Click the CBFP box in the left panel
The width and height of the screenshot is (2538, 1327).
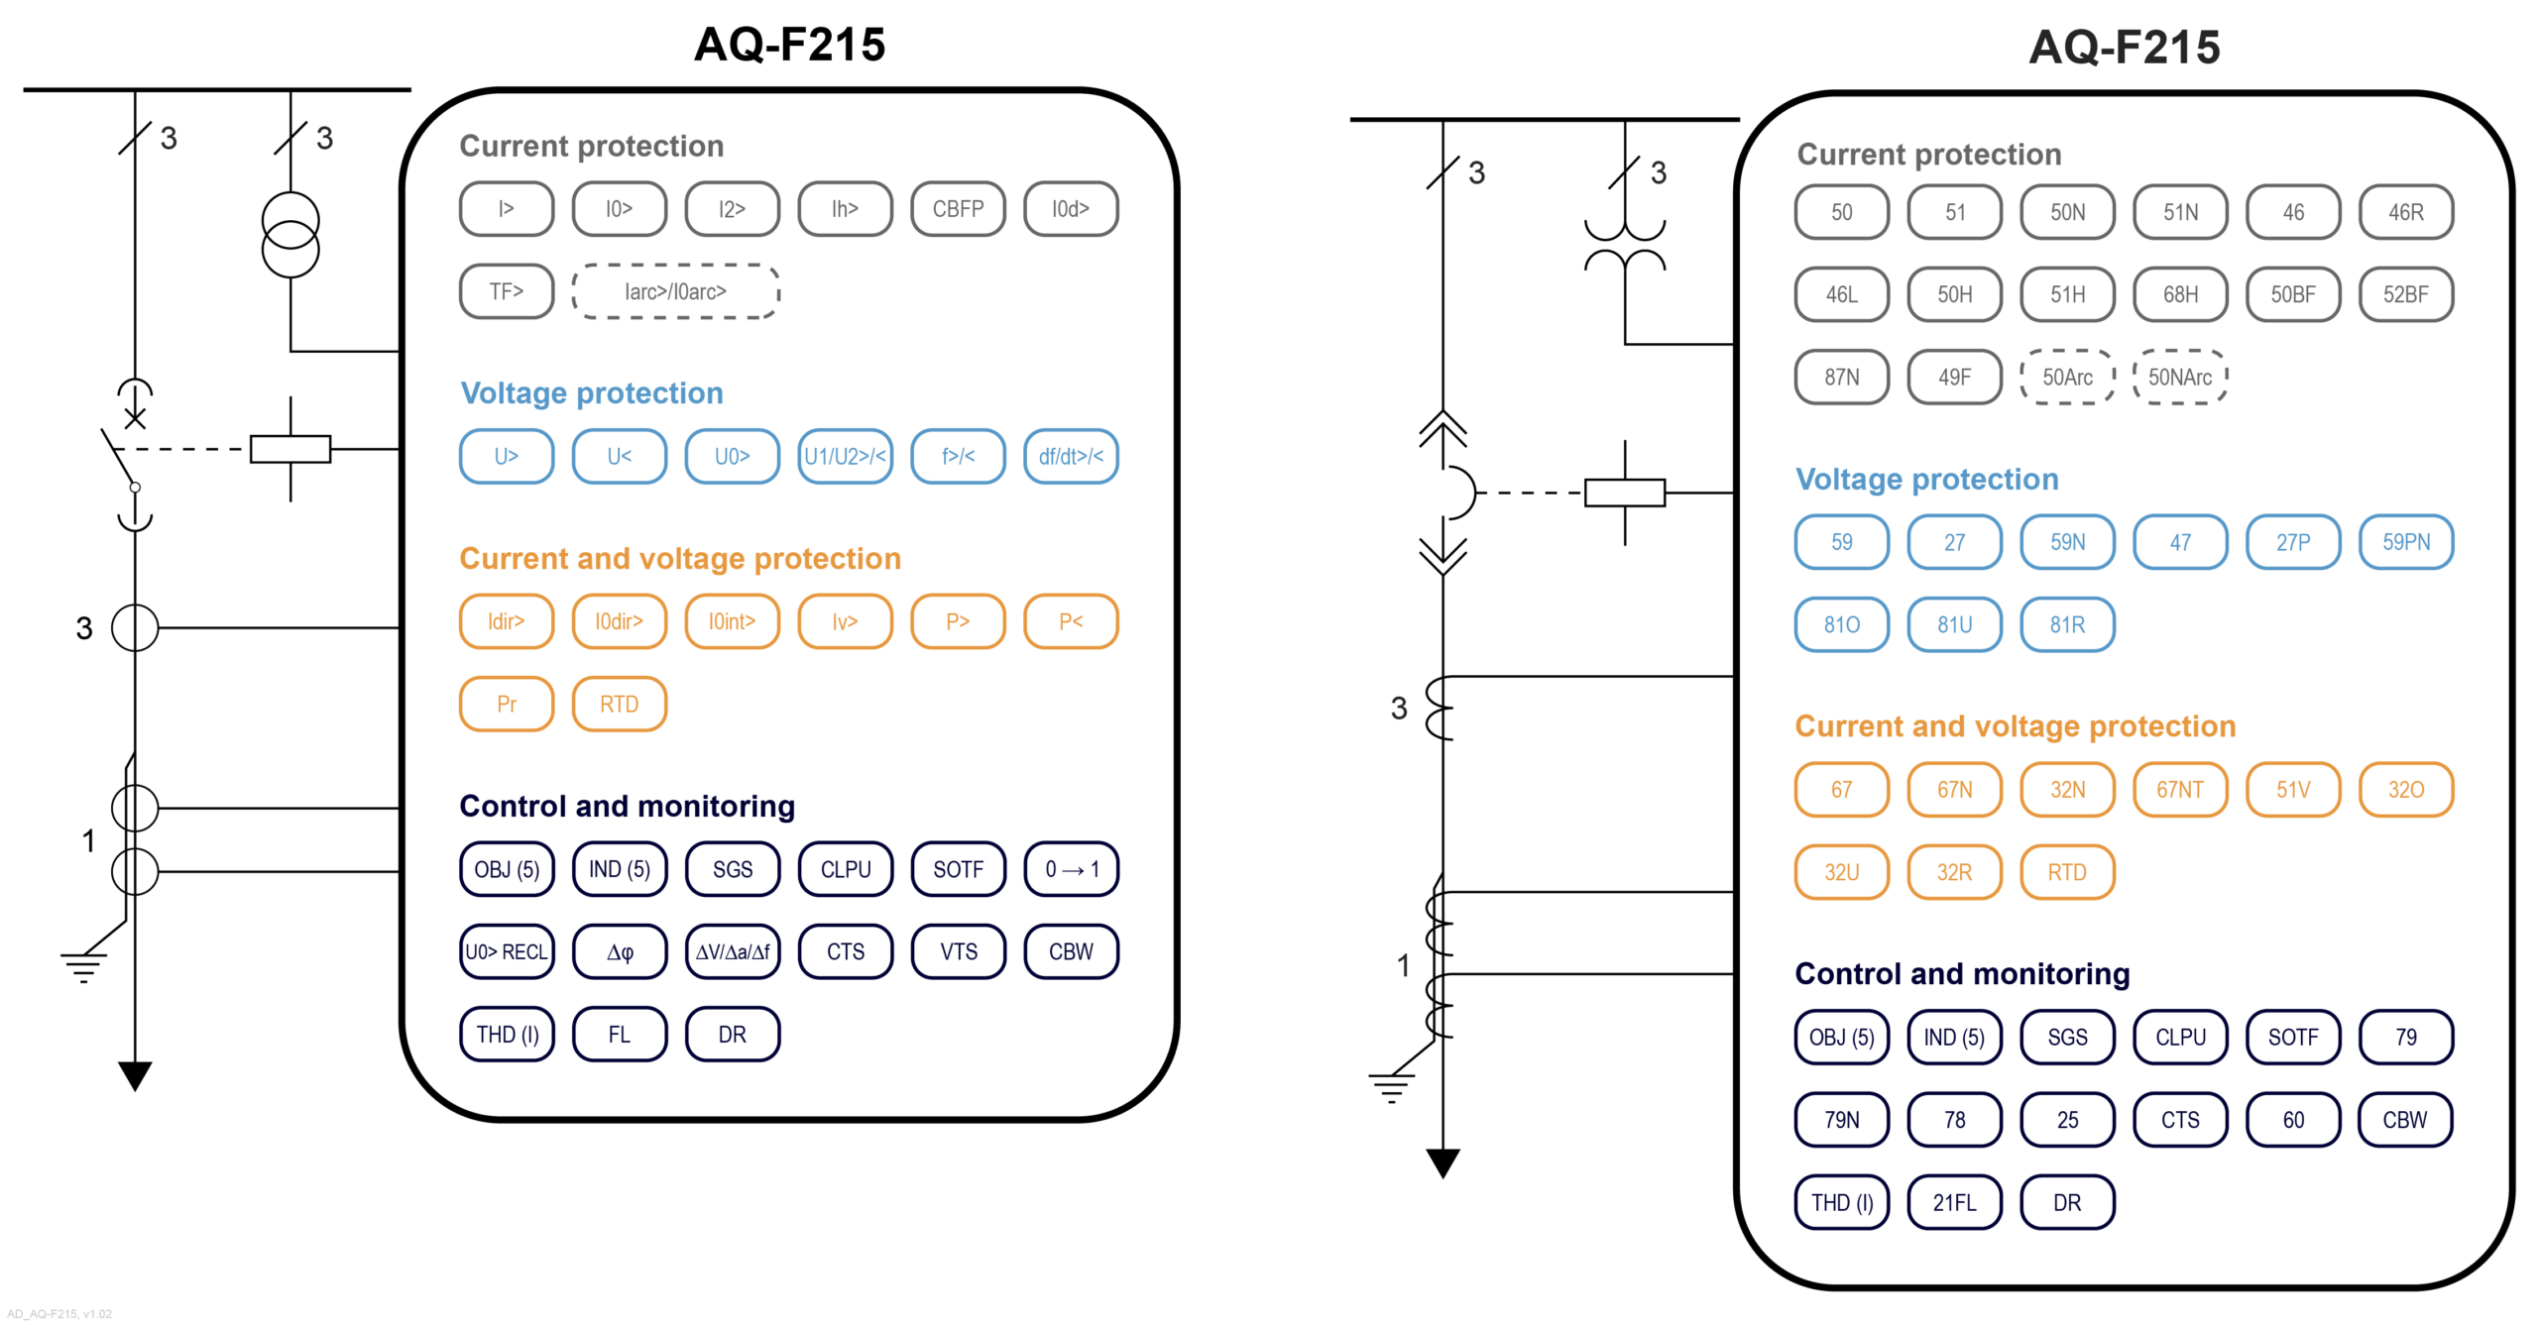point(957,209)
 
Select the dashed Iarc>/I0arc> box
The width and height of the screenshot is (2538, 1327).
point(675,291)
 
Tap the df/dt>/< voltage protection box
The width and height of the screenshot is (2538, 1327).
point(1070,457)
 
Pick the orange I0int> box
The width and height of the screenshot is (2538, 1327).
point(732,621)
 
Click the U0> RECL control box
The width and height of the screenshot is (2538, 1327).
point(507,952)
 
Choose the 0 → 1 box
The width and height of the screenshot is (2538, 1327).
point(1071,869)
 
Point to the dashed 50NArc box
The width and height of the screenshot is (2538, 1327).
point(2179,378)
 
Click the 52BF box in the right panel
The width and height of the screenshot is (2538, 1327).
point(2405,294)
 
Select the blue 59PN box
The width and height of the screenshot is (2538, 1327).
point(2405,542)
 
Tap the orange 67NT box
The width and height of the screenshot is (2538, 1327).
point(2179,790)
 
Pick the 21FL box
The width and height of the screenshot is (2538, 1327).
point(1954,1203)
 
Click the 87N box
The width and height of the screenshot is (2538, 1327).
point(1841,378)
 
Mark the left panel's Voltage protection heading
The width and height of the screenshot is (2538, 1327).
point(592,393)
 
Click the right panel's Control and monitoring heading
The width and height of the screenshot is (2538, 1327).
point(1961,974)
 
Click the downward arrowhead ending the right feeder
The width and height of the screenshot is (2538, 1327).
point(1442,1161)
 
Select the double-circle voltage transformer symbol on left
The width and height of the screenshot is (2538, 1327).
point(290,236)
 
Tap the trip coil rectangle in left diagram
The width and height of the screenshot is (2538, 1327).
point(290,449)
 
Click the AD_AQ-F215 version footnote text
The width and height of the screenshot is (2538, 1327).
point(59,1314)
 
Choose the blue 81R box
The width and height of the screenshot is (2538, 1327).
point(2067,625)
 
